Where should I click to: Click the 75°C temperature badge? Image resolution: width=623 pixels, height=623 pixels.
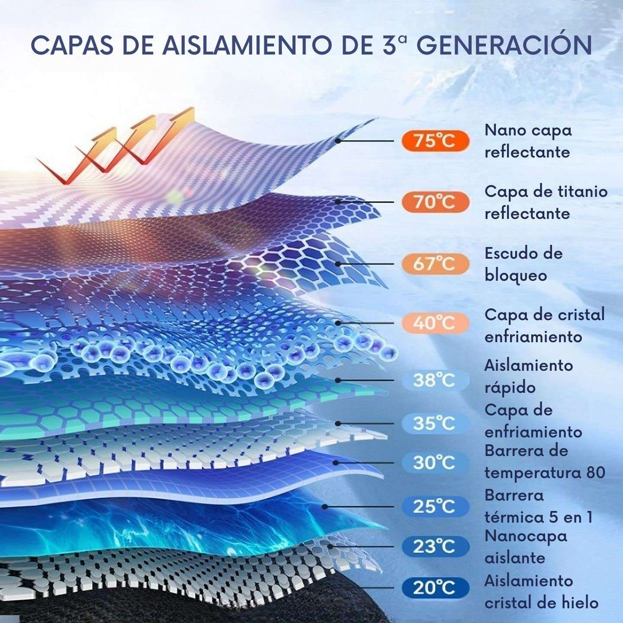[435, 141]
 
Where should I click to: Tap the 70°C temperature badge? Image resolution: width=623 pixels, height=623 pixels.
[435, 202]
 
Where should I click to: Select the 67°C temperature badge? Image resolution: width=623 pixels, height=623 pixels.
[435, 263]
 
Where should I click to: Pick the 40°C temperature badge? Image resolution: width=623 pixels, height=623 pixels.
[435, 323]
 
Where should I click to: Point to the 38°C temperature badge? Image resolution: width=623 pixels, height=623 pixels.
[435, 380]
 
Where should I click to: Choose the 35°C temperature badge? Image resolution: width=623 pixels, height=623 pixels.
[435, 423]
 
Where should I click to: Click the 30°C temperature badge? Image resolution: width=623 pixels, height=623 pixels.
[435, 463]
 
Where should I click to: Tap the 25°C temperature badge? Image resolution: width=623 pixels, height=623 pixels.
[435, 506]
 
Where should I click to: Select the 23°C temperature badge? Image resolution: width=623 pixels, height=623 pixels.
[435, 547]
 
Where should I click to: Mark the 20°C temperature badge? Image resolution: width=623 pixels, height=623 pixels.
[435, 588]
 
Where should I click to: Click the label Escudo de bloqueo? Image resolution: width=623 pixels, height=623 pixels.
[523, 264]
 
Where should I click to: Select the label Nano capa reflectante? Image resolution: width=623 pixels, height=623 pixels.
[528, 141]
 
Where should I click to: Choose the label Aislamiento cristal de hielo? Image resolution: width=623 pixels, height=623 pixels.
[541, 591]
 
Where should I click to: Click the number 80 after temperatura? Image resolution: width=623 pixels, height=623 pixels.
[596, 473]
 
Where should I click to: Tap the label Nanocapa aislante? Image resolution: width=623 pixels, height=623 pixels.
[525, 547]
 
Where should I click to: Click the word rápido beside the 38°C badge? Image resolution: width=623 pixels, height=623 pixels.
[510, 388]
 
